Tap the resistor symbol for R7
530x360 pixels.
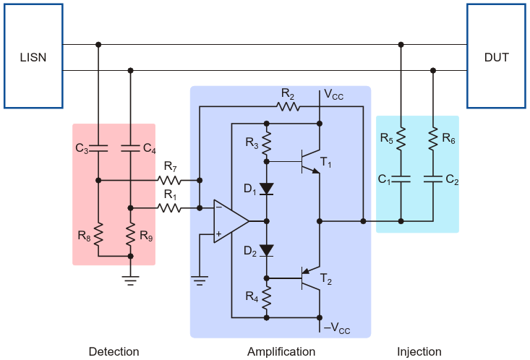coord(170,179)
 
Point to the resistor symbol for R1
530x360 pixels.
coord(170,208)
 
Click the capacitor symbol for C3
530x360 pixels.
coord(98,149)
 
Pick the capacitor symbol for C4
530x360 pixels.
coord(130,149)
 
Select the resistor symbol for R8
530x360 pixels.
coord(98,233)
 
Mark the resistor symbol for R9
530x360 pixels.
coord(130,233)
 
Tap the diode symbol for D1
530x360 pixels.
coord(267,190)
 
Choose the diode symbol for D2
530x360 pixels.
coord(267,251)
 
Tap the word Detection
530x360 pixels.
coord(114,352)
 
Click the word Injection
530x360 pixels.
coord(419,352)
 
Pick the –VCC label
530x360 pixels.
coord(336,330)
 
